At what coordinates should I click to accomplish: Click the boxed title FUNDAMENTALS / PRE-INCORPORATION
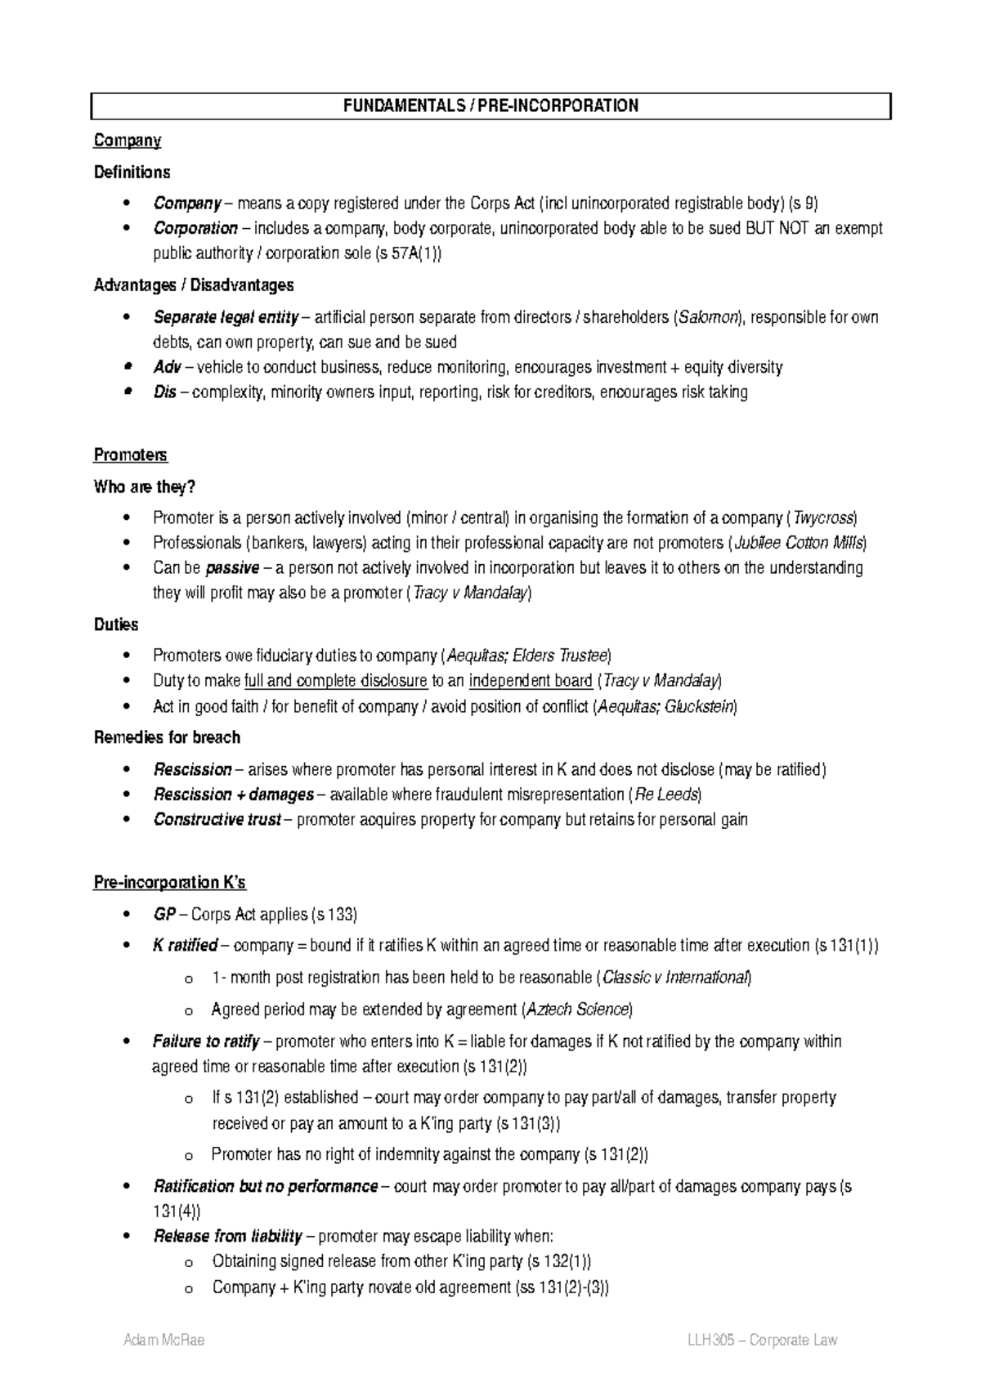pos(490,106)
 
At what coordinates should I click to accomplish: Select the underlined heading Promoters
pos(131,454)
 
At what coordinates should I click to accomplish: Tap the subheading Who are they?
pos(145,487)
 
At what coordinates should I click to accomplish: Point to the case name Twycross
pos(824,518)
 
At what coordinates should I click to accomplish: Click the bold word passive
pos(232,567)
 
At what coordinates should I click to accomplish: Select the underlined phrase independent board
pos(531,680)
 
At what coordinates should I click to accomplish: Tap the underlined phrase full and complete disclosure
pos(335,680)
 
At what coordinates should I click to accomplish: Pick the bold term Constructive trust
pos(217,819)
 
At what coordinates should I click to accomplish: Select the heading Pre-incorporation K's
pos(170,883)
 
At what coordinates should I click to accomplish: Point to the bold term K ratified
pos(185,946)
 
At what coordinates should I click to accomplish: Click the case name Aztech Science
pos(577,1010)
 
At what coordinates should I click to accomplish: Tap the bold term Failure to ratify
pos(206,1041)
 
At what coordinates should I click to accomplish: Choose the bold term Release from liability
pos(227,1236)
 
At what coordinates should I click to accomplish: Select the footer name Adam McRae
pos(163,1340)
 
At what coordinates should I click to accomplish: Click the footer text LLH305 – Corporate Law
pos(762,1340)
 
